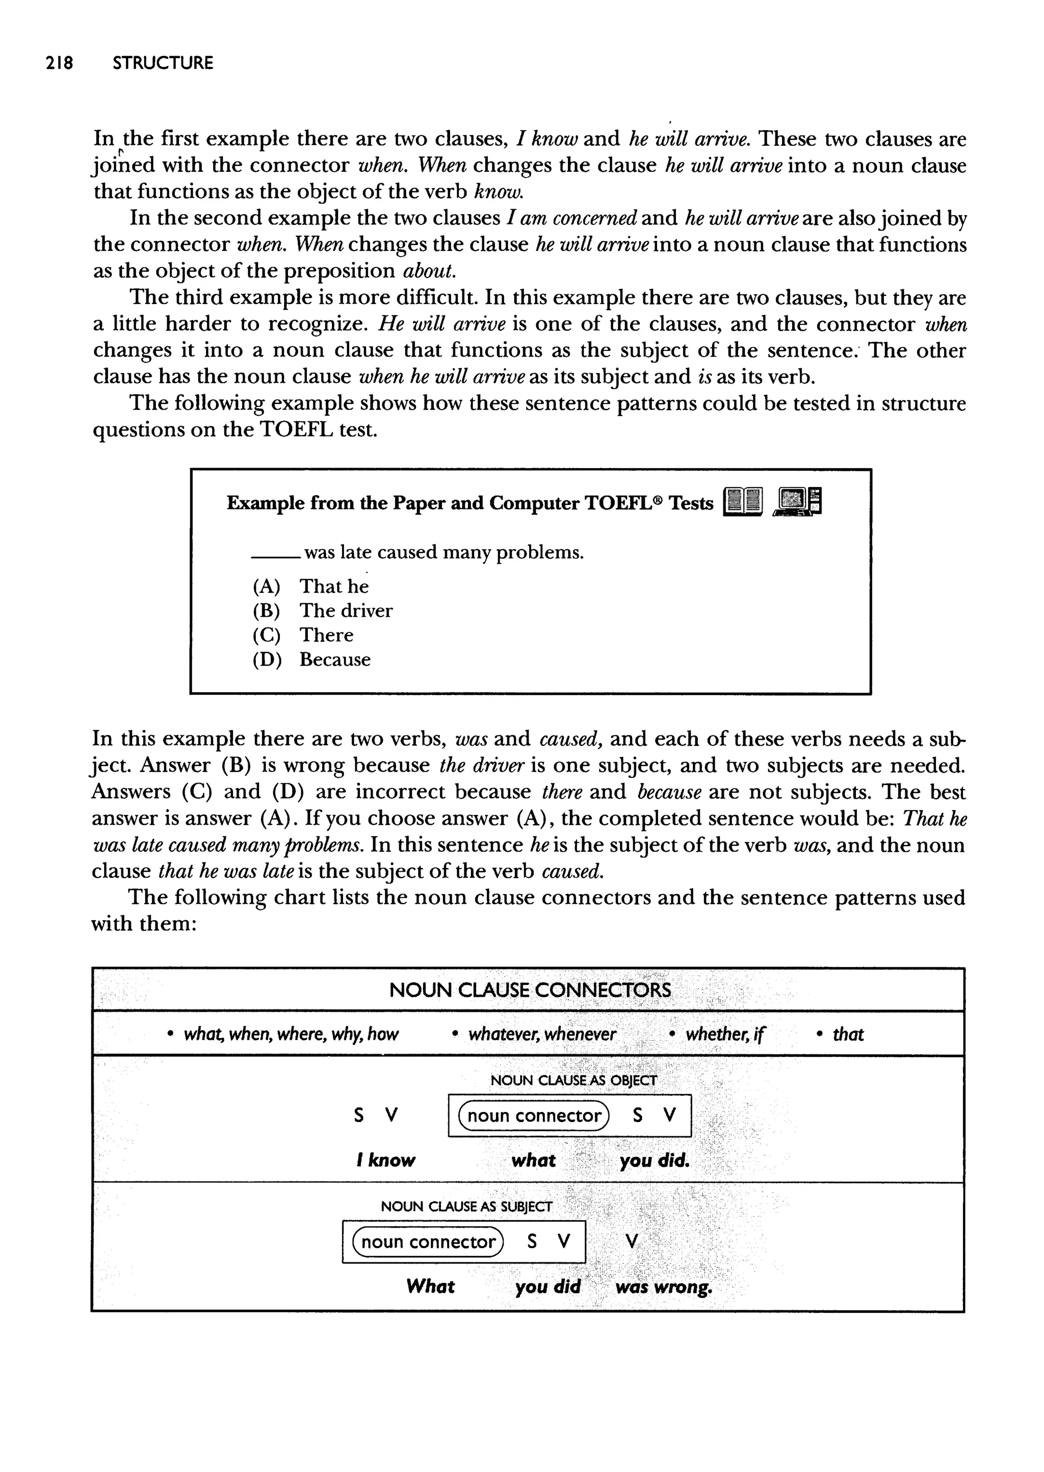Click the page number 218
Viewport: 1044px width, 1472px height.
coord(59,63)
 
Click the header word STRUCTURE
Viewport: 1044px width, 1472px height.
coord(163,63)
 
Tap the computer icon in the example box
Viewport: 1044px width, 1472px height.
coord(798,501)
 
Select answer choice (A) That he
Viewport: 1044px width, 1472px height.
coord(311,587)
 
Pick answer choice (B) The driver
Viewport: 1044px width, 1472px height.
coord(322,611)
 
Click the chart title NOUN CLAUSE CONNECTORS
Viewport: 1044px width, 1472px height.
coord(530,989)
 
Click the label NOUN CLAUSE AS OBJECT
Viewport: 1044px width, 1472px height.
coord(573,1080)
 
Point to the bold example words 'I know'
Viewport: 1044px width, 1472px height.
coord(385,1161)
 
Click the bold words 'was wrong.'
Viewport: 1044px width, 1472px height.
coord(663,1287)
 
